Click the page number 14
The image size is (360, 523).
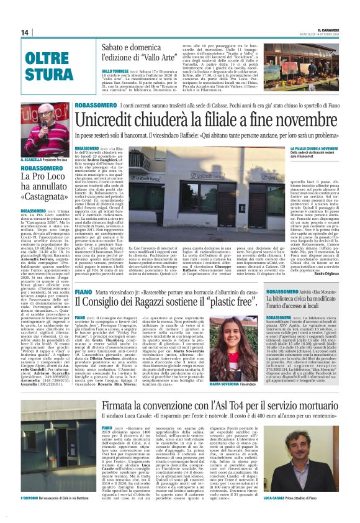[x=25, y=32]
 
